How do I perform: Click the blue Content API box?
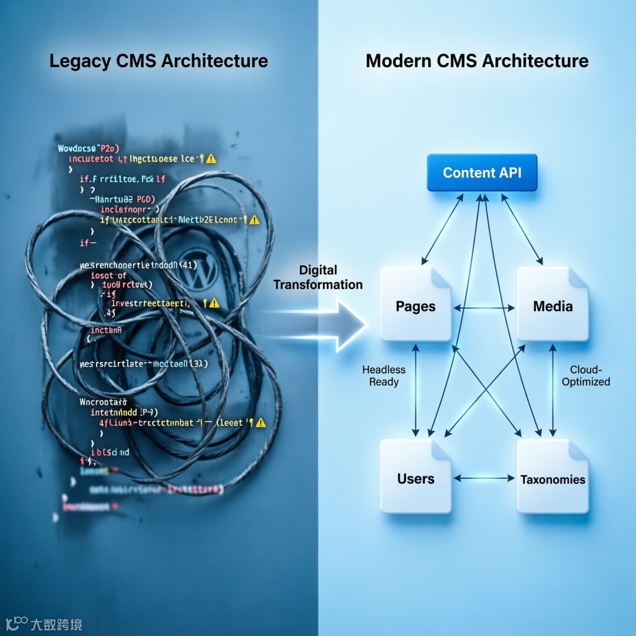coord(482,173)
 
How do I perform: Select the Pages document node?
coord(416,304)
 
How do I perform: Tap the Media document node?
coord(552,304)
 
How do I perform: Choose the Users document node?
coord(416,476)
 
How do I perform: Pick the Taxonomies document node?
coord(552,476)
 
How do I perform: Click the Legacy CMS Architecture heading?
coord(158,61)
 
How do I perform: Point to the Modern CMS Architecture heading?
coord(477,61)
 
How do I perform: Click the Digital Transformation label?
coord(318,277)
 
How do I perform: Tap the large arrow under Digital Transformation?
coord(330,324)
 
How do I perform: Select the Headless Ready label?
coord(384,376)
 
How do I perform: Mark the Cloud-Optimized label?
coord(585,376)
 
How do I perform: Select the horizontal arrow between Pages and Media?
coord(484,308)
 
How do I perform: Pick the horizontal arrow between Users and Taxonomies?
coord(484,478)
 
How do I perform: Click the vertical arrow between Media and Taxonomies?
coord(552,390)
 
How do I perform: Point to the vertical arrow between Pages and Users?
coord(416,390)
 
